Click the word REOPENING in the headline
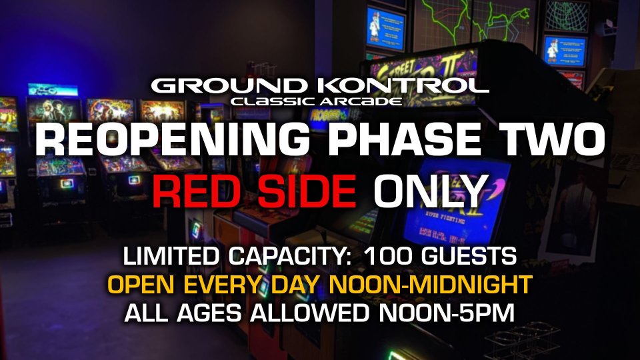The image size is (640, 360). click(x=172, y=139)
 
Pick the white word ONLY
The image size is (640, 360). click(x=431, y=191)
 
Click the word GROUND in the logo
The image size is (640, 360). click(x=229, y=86)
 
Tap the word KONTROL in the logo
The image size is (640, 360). click(x=403, y=86)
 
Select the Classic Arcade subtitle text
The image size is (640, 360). click(x=316, y=101)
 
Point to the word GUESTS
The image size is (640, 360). click(x=469, y=256)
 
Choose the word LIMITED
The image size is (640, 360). click(x=171, y=256)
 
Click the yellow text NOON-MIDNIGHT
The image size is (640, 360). click(x=431, y=285)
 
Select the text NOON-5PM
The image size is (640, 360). click(x=447, y=313)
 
